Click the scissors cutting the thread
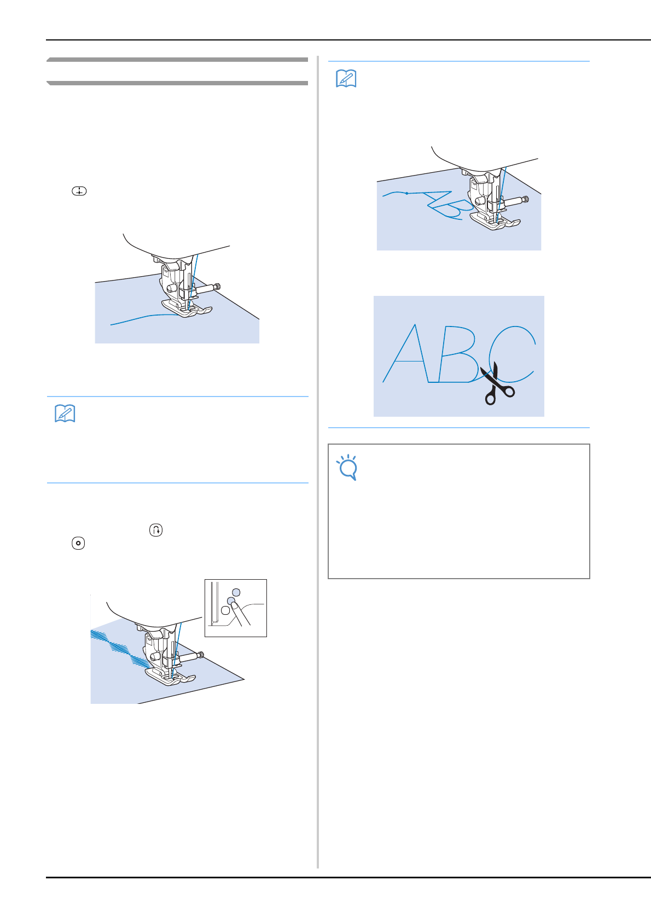[496, 384]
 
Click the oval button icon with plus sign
[79, 191]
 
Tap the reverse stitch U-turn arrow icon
[156, 530]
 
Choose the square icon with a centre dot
[78, 543]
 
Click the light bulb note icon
[347, 467]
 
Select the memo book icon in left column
[65, 413]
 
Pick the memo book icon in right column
[346, 79]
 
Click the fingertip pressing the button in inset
[234, 605]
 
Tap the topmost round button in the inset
[236, 592]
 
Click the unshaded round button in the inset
[225, 610]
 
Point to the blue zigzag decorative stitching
[119, 649]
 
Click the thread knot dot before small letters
[406, 193]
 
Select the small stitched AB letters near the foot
[448, 205]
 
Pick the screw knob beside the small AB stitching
[525, 200]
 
